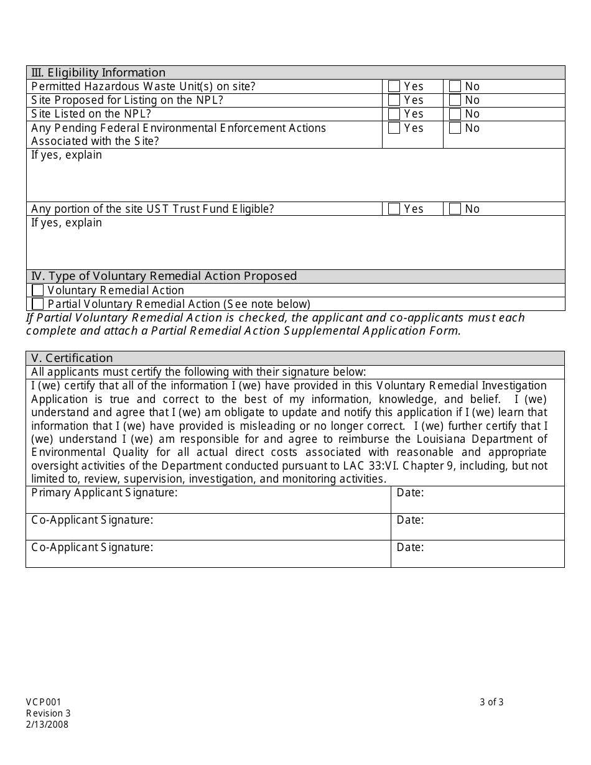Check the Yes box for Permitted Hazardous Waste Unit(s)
click(394, 86)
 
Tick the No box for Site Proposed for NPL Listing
click(455, 100)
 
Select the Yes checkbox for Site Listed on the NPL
click(394, 114)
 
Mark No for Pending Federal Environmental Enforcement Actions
click(455, 128)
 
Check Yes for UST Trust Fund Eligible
click(394, 209)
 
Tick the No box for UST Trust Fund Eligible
click(455, 209)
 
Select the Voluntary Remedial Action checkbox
click(38, 290)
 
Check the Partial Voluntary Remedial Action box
click(38, 304)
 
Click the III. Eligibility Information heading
click(98, 73)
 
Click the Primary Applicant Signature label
click(105, 493)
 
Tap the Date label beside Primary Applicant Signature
click(410, 493)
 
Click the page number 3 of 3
click(491, 702)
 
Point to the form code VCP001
click(44, 702)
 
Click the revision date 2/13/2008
click(47, 724)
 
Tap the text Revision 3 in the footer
click(49, 713)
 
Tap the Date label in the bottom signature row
click(410, 547)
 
